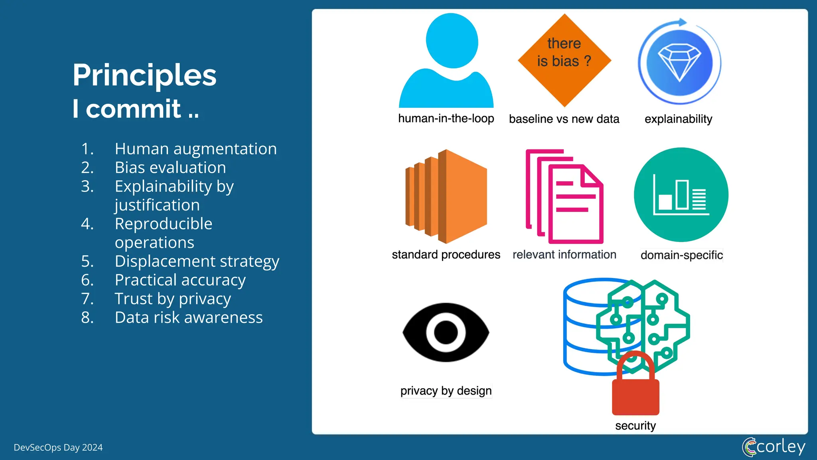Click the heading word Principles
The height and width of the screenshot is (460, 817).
point(144,75)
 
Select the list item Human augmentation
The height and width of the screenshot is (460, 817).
point(195,149)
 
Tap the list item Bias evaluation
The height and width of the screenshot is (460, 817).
point(170,168)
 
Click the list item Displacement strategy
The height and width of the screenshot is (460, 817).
point(197,262)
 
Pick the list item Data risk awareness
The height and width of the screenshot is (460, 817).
point(188,318)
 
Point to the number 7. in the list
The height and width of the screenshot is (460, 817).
point(87,299)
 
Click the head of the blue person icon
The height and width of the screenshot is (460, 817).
point(452,41)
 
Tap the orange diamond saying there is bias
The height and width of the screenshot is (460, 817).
point(564,60)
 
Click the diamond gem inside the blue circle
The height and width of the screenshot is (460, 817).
point(679,62)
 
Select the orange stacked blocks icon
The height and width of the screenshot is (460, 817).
point(446,196)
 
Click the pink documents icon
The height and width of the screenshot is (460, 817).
point(564,196)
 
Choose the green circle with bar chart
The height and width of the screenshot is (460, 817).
point(681,195)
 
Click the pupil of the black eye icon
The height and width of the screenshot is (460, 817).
point(446,332)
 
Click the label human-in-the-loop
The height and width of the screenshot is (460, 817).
point(446,119)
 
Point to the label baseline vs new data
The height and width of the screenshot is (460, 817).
point(564,119)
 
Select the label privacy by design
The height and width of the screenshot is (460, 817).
point(446,391)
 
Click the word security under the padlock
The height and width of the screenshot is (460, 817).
point(635,426)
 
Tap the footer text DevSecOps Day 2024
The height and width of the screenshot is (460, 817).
point(58,448)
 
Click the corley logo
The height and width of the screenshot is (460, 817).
point(774,447)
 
